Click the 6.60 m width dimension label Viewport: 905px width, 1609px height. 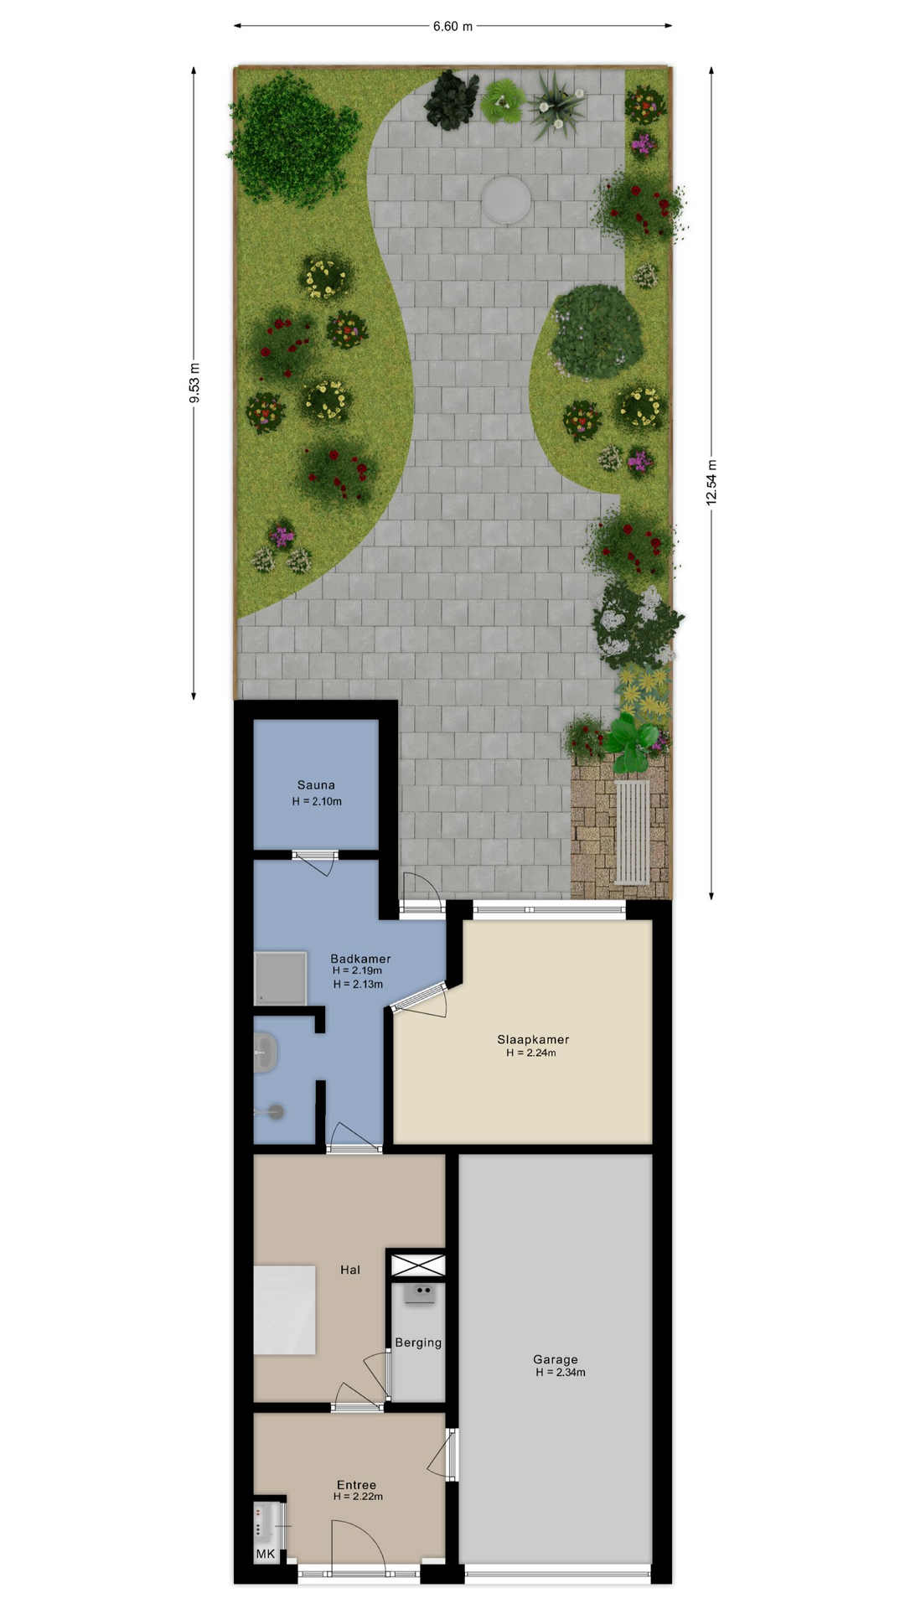coord(452,26)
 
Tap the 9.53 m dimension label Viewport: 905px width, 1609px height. coord(194,383)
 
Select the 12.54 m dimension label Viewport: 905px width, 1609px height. coord(711,483)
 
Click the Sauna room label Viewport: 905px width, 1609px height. coord(316,785)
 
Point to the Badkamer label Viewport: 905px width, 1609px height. coord(360,959)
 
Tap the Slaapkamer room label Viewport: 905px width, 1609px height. coord(533,1040)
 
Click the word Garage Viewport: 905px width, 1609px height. coord(555,1359)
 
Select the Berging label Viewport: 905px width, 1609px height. coord(418,1343)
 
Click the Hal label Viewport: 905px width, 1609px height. coord(350,1270)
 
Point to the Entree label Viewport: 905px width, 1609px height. coord(356,1485)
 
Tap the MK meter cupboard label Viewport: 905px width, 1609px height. coord(266,1554)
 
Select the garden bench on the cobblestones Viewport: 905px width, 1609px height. coord(633,831)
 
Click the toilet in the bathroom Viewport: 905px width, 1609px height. coord(271,1112)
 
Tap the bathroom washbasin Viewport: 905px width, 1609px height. coord(266,1053)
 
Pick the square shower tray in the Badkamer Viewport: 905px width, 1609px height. coord(281,978)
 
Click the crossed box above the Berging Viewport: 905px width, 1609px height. coord(418,1265)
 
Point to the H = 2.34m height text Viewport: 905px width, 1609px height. coord(561,1373)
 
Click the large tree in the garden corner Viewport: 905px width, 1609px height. coord(293,138)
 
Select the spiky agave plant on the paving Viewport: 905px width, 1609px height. coord(554,105)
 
